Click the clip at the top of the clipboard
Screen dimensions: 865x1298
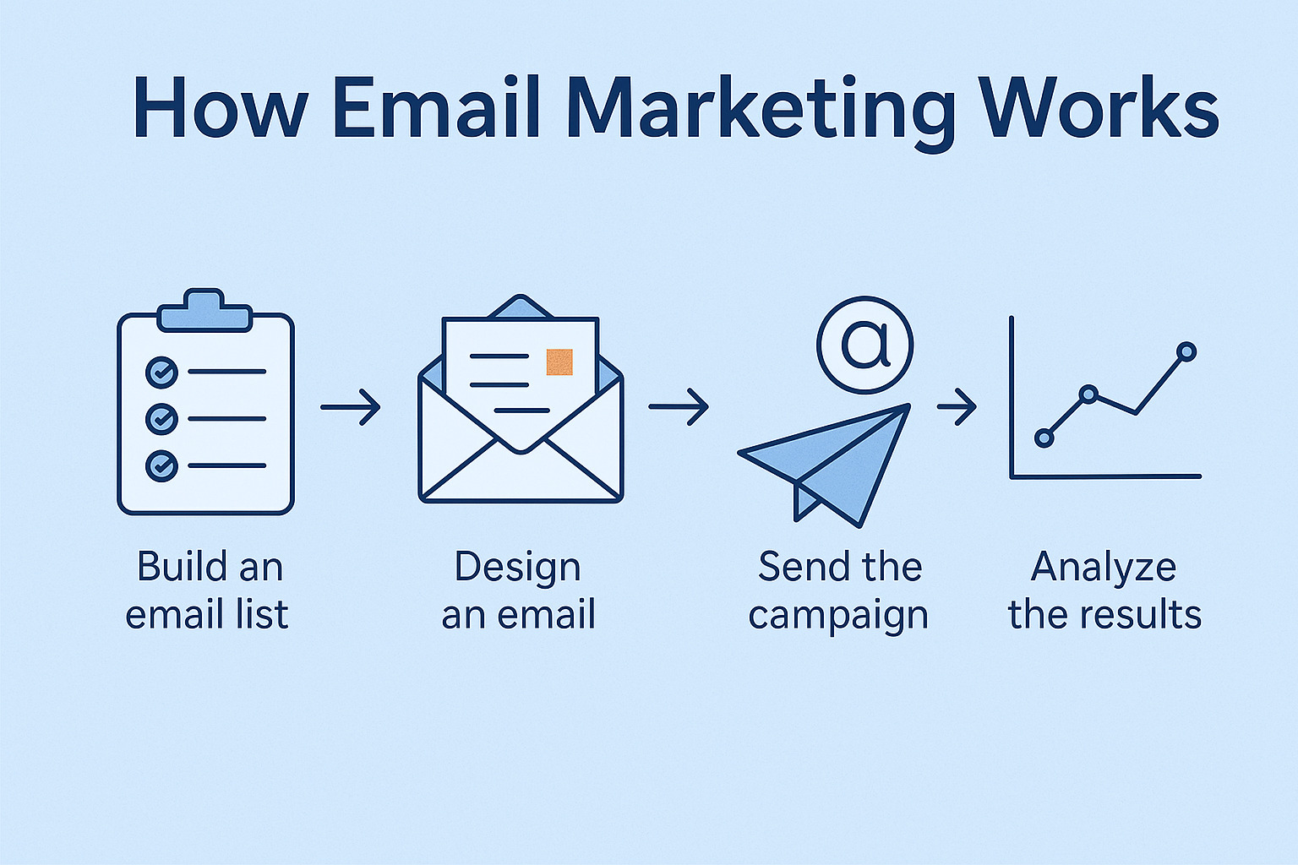(205, 312)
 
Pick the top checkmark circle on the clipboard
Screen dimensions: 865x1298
(161, 372)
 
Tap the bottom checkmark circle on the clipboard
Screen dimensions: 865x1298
(161, 465)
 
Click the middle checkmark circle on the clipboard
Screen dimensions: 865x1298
(161, 418)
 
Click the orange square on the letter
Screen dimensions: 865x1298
(559, 362)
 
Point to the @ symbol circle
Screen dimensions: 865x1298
(864, 345)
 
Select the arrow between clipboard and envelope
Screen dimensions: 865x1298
(351, 407)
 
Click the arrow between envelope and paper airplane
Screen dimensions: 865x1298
(679, 407)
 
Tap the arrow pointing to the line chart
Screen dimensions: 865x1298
(957, 407)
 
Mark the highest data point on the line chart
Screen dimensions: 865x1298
(1186, 351)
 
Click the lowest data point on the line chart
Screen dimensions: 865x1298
(1044, 438)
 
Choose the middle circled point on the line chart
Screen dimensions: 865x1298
(1089, 394)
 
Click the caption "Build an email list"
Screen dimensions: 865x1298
(208, 590)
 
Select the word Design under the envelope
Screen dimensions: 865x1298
(517, 568)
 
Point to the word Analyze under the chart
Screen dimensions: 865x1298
(1104, 567)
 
